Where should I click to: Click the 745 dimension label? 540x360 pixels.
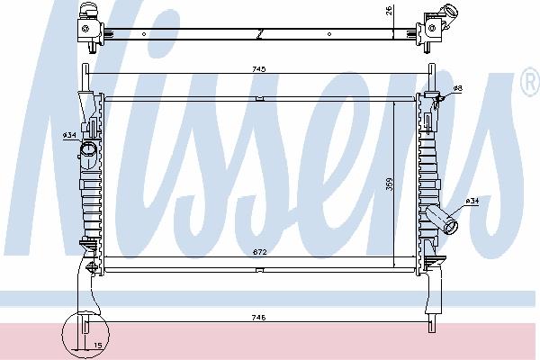pos(258,69)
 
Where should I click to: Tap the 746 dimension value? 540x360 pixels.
pos(258,318)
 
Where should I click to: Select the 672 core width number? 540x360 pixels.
pos(260,252)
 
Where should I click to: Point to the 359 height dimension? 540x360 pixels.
pos(390,184)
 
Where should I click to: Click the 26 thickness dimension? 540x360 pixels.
pos(390,11)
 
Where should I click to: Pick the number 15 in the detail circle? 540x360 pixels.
pos(98,345)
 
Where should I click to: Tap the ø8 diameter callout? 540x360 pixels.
pos(458,88)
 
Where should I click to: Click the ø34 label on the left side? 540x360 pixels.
pos(69,135)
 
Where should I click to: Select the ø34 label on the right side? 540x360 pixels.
pos(472,201)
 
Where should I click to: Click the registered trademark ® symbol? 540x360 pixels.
pos(530,82)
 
